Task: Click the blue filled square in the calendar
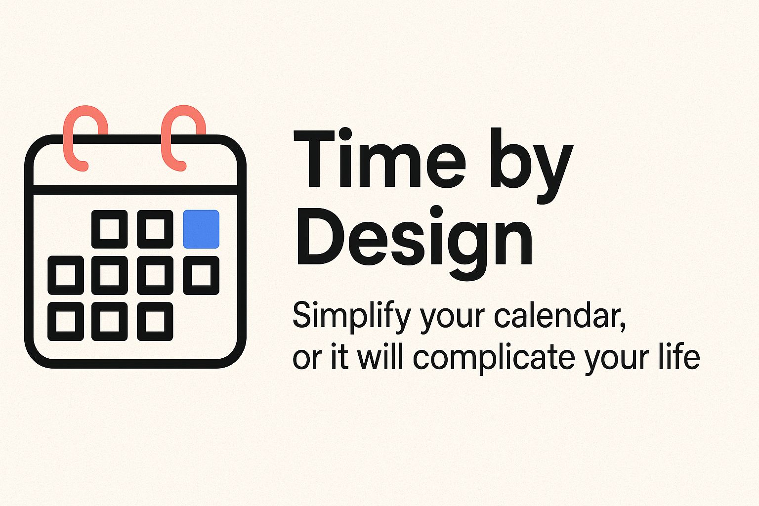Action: [x=201, y=229]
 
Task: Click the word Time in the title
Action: [x=379, y=158]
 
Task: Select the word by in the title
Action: [x=532, y=166]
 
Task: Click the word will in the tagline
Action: [x=380, y=356]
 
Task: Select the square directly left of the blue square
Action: [x=155, y=229]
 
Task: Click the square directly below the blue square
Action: [x=201, y=275]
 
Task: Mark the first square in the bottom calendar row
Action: [x=66, y=321]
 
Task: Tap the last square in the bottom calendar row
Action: [x=155, y=321]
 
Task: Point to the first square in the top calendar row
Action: [x=110, y=229]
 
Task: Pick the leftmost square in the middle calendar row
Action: [x=66, y=275]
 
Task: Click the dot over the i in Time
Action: [x=345, y=133]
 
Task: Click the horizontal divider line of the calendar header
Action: [x=135, y=190]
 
